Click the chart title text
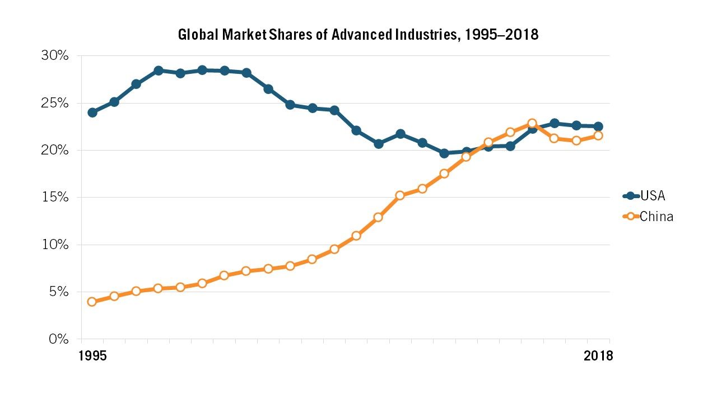(x=358, y=35)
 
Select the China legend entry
(x=656, y=217)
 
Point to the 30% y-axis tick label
(x=54, y=56)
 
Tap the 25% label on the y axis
(x=54, y=104)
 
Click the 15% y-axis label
(x=54, y=198)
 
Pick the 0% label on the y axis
(x=58, y=339)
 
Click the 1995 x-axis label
(x=92, y=356)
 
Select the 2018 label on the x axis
(x=598, y=356)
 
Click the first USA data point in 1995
(x=92, y=113)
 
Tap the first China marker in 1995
(x=92, y=302)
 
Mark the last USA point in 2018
(x=598, y=126)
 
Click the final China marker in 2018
(x=598, y=135)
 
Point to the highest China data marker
(x=532, y=123)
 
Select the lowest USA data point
(x=444, y=153)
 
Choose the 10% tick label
(x=54, y=245)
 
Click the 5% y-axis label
(x=58, y=292)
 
